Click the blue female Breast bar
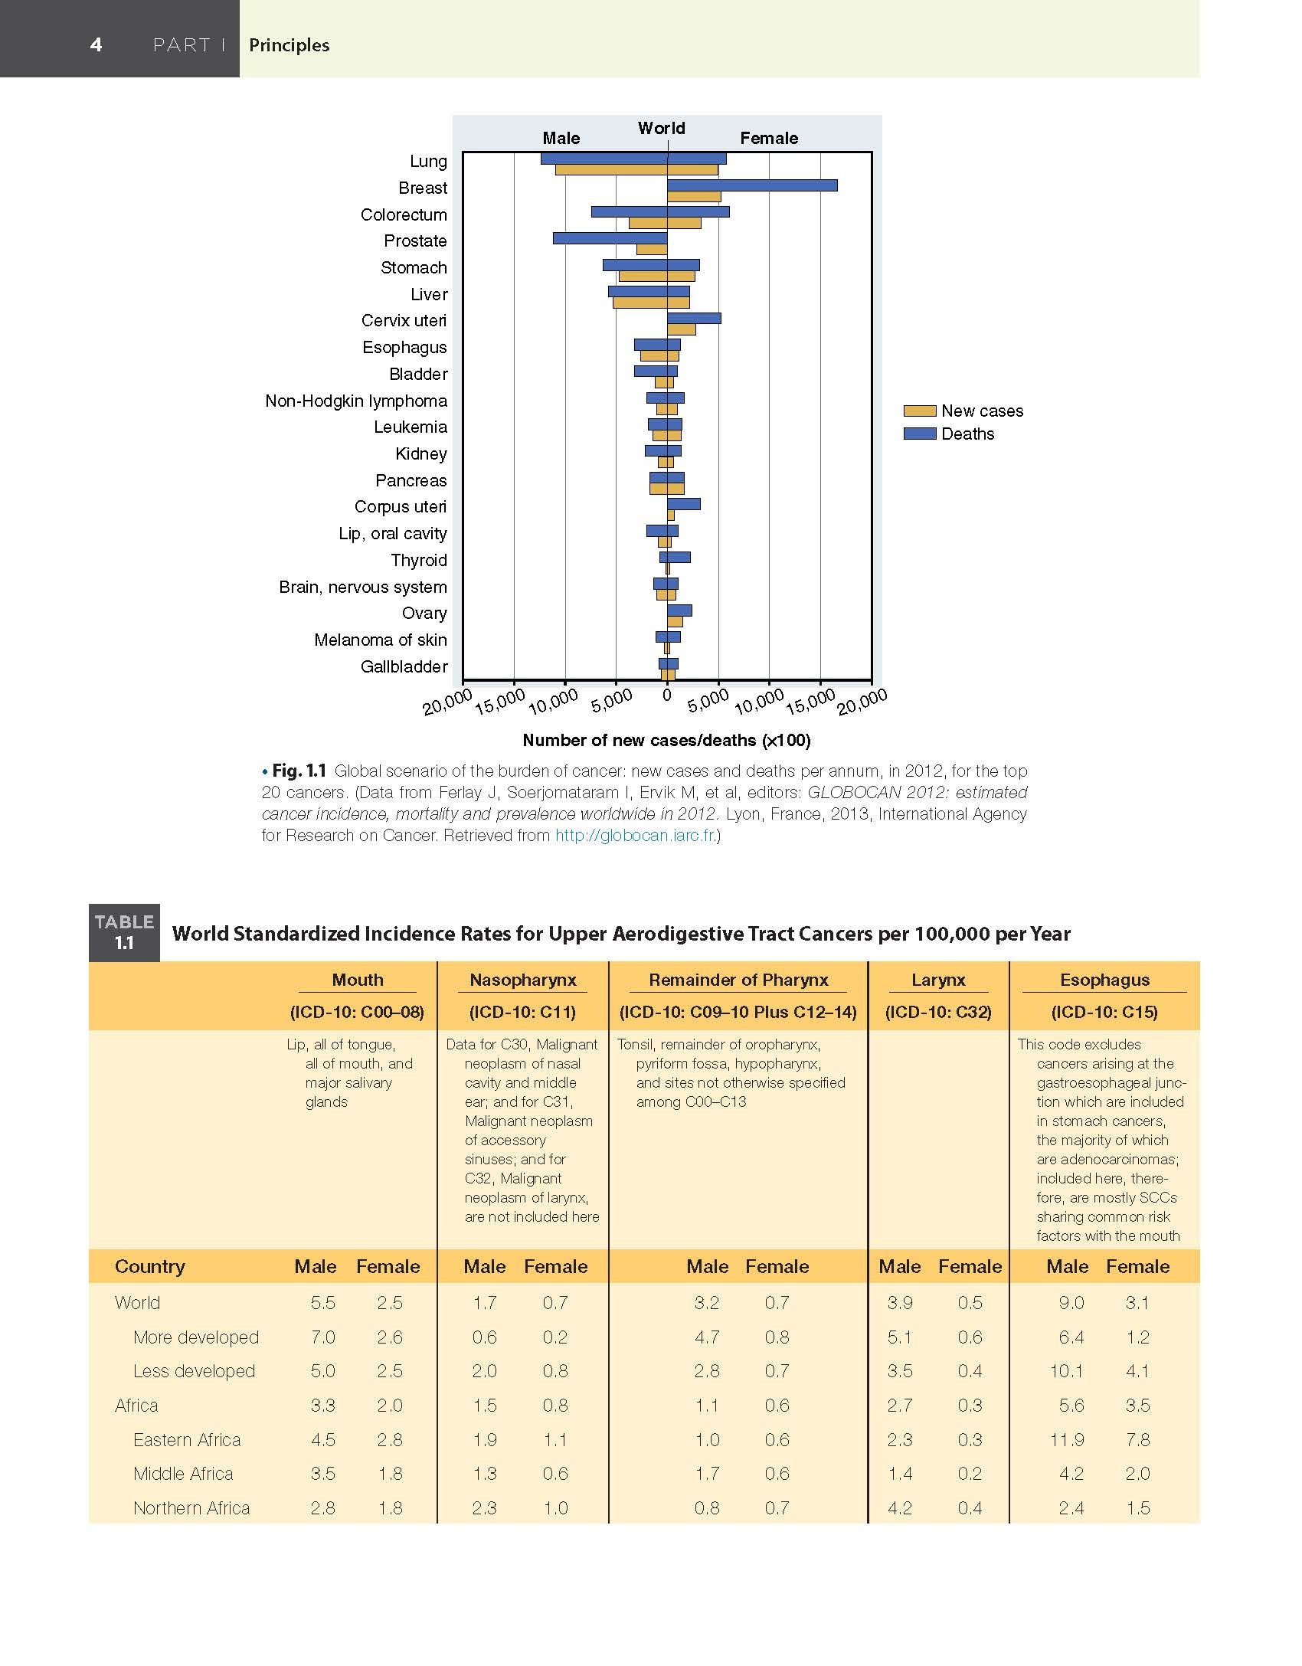tap(751, 185)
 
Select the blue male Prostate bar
tap(610, 238)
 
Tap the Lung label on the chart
tap(428, 162)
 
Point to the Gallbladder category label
tap(404, 666)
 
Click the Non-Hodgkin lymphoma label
tap(356, 401)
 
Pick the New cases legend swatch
tap(920, 411)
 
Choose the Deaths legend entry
tap(967, 434)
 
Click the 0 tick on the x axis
tap(667, 696)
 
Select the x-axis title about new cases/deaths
tap(666, 740)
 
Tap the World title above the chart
tap(662, 128)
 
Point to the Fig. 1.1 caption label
tap(299, 771)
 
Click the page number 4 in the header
tap(96, 44)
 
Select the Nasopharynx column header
tap(522, 980)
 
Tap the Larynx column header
tap(938, 980)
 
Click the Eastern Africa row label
tap(187, 1439)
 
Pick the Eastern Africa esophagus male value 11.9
tap(1067, 1439)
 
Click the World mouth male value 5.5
tap(323, 1302)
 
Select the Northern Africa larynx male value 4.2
tap(899, 1507)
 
